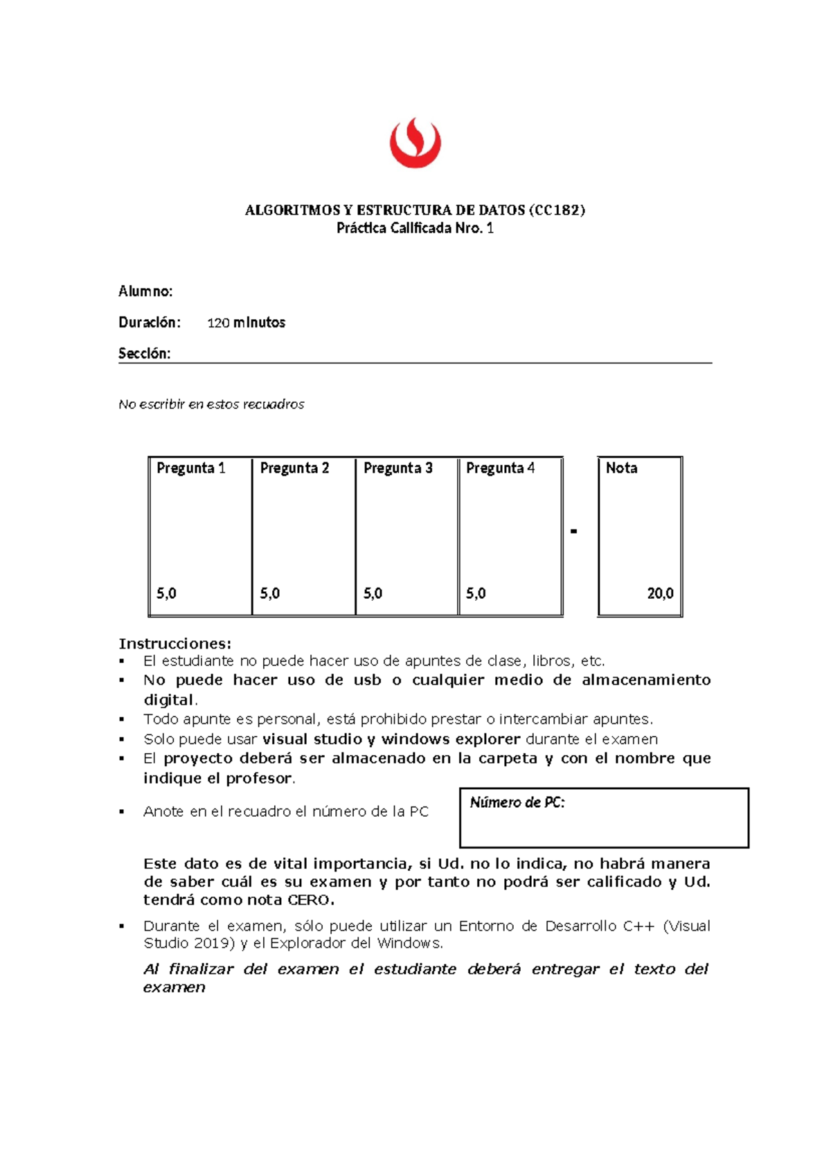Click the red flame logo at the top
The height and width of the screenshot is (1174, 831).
click(415, 143)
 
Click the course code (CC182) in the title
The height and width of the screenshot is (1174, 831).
click(557, 210)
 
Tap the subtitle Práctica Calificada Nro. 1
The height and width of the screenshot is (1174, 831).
click(415, 228)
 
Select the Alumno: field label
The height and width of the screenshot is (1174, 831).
click(145, 291)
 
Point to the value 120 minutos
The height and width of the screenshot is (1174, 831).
click(246, 323)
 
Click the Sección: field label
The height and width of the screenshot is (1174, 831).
click(144, 354)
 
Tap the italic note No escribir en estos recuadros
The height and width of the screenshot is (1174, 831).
click(211, 404)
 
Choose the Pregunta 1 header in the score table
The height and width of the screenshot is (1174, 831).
click(190, 468)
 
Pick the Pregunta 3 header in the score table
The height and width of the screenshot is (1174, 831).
click(397, 468)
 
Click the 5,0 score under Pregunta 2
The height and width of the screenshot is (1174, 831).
click(270, 593)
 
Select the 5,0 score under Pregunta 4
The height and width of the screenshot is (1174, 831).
click(476, 593)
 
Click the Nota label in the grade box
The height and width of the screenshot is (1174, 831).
click(621, 468)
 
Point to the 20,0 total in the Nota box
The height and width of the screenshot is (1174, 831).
click(660, 593)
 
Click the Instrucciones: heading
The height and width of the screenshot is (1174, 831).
click(175, 644)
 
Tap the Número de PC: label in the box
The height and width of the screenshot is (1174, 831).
click(517, 803)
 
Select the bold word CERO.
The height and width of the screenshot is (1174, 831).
click(311, 901)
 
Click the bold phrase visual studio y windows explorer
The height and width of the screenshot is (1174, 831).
click(391, 739)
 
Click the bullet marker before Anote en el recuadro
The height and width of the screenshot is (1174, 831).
click(122, 812)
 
